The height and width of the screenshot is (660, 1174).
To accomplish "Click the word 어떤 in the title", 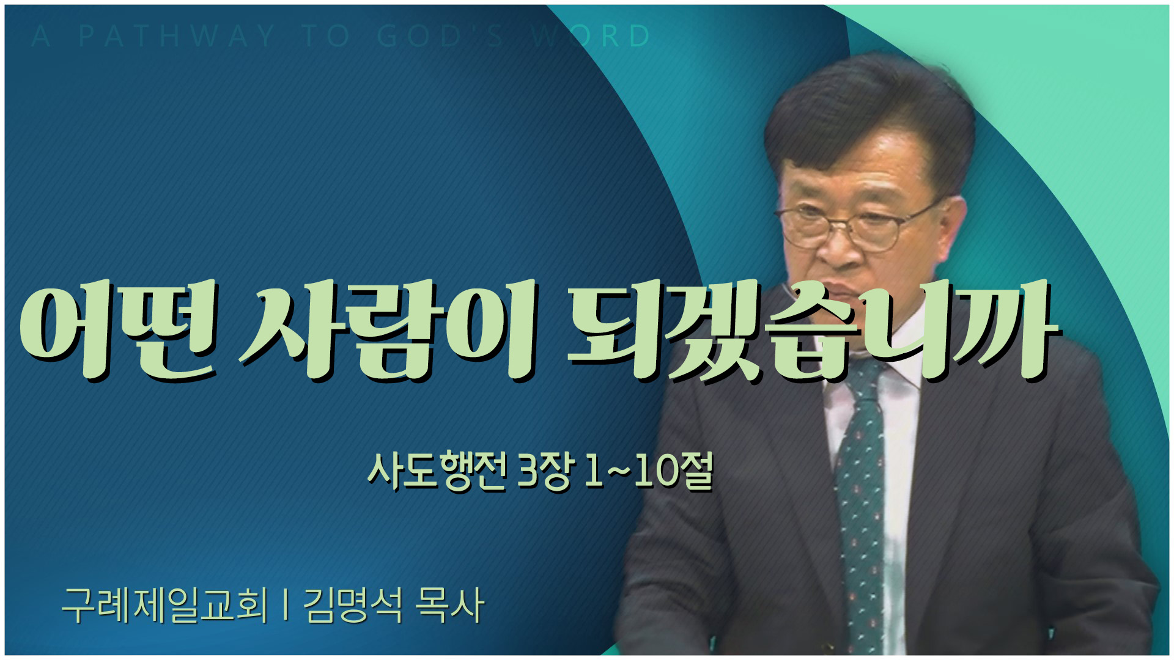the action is pos(118,330).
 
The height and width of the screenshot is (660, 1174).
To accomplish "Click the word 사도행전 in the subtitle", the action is pos(437,471).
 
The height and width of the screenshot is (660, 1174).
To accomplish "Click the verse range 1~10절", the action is pos(649,471).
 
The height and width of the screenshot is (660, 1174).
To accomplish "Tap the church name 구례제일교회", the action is pos(165,605).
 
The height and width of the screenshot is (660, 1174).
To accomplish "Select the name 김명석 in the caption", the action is pos(353,605).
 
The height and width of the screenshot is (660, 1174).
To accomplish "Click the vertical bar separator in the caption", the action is pos(286,605).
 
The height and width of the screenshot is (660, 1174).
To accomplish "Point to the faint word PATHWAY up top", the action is pos(177,37).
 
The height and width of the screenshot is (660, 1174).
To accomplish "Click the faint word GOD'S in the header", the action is pos(440,37).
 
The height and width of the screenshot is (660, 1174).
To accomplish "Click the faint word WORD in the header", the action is pos(591,37).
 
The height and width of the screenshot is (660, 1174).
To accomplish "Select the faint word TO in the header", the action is pos(326,37).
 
